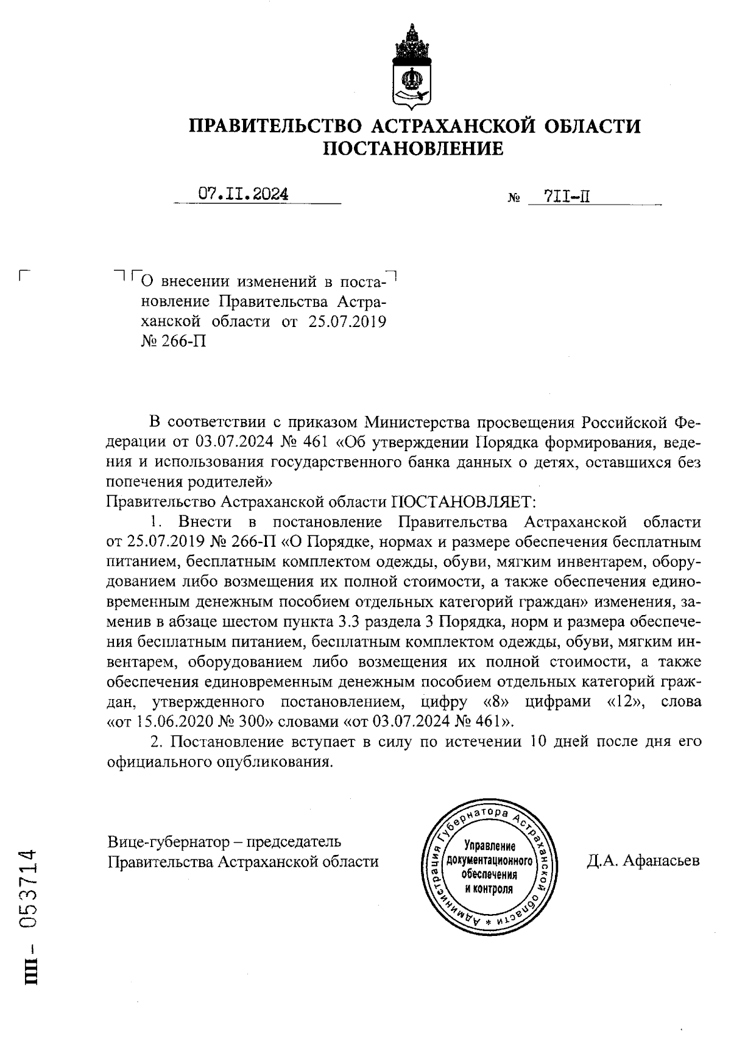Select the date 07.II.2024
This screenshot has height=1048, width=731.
[x=244, y=194]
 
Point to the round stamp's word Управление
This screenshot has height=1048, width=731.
[x=489, y=846]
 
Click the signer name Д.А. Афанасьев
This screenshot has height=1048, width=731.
[x=643, y=860]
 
